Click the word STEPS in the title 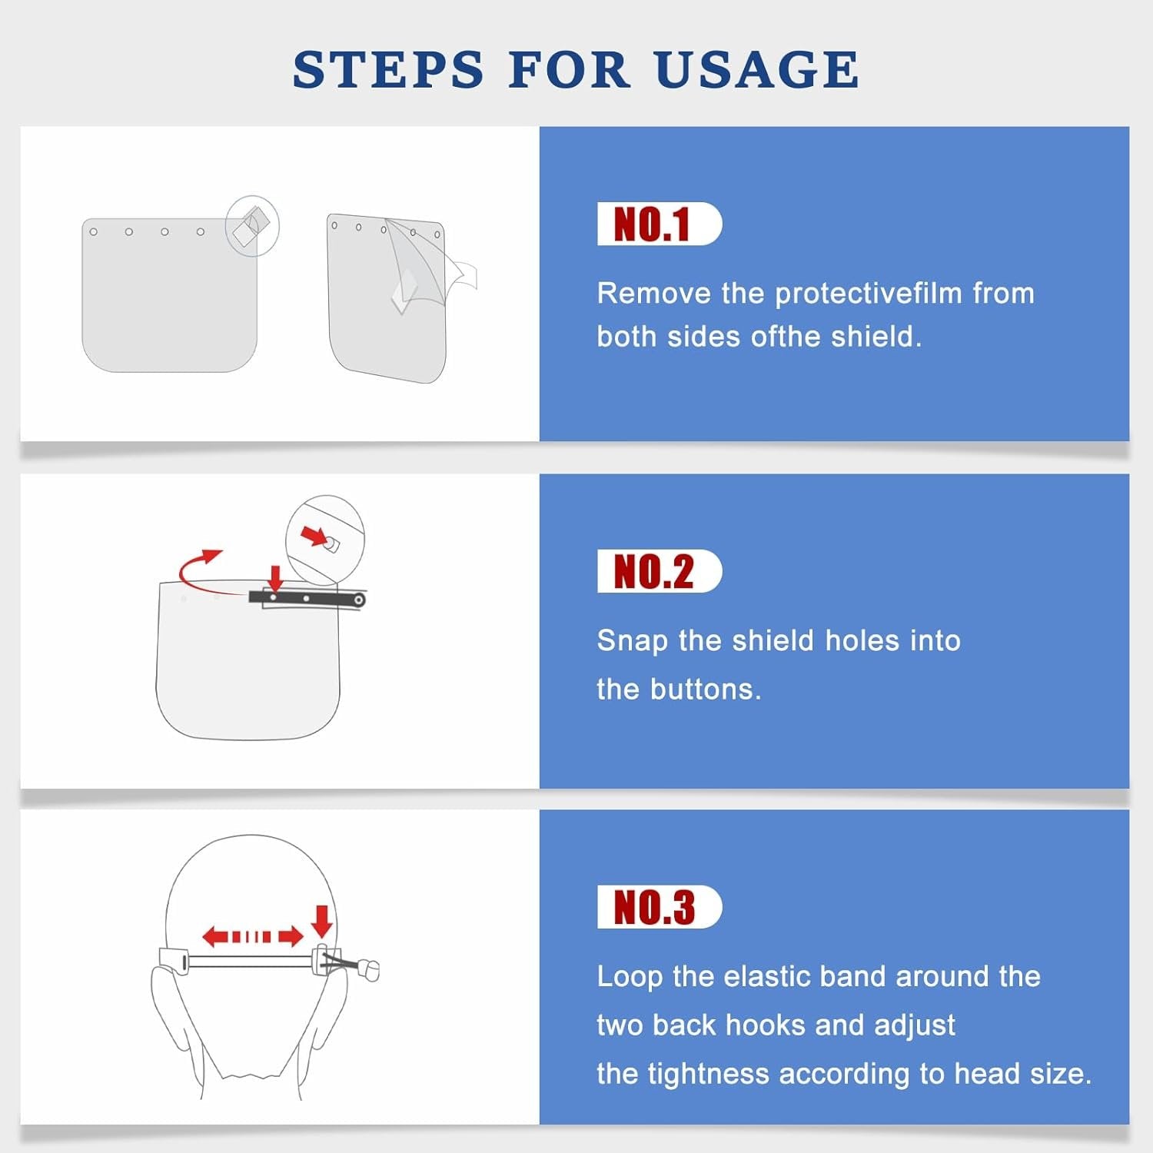tap(388, 69)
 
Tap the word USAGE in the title tap(757, 69)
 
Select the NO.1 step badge tap(660, 224)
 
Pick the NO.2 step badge tap(660, 571)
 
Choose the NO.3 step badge tap(660, 907)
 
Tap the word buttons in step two tap(705, 689)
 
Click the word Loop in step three tap(630, 977)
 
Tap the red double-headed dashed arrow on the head tap(253, 936)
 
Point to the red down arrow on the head tap(323, 921)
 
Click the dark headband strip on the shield tap(307, 598)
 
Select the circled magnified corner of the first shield tap(252, 226)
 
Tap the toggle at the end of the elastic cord tap(370, 969)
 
